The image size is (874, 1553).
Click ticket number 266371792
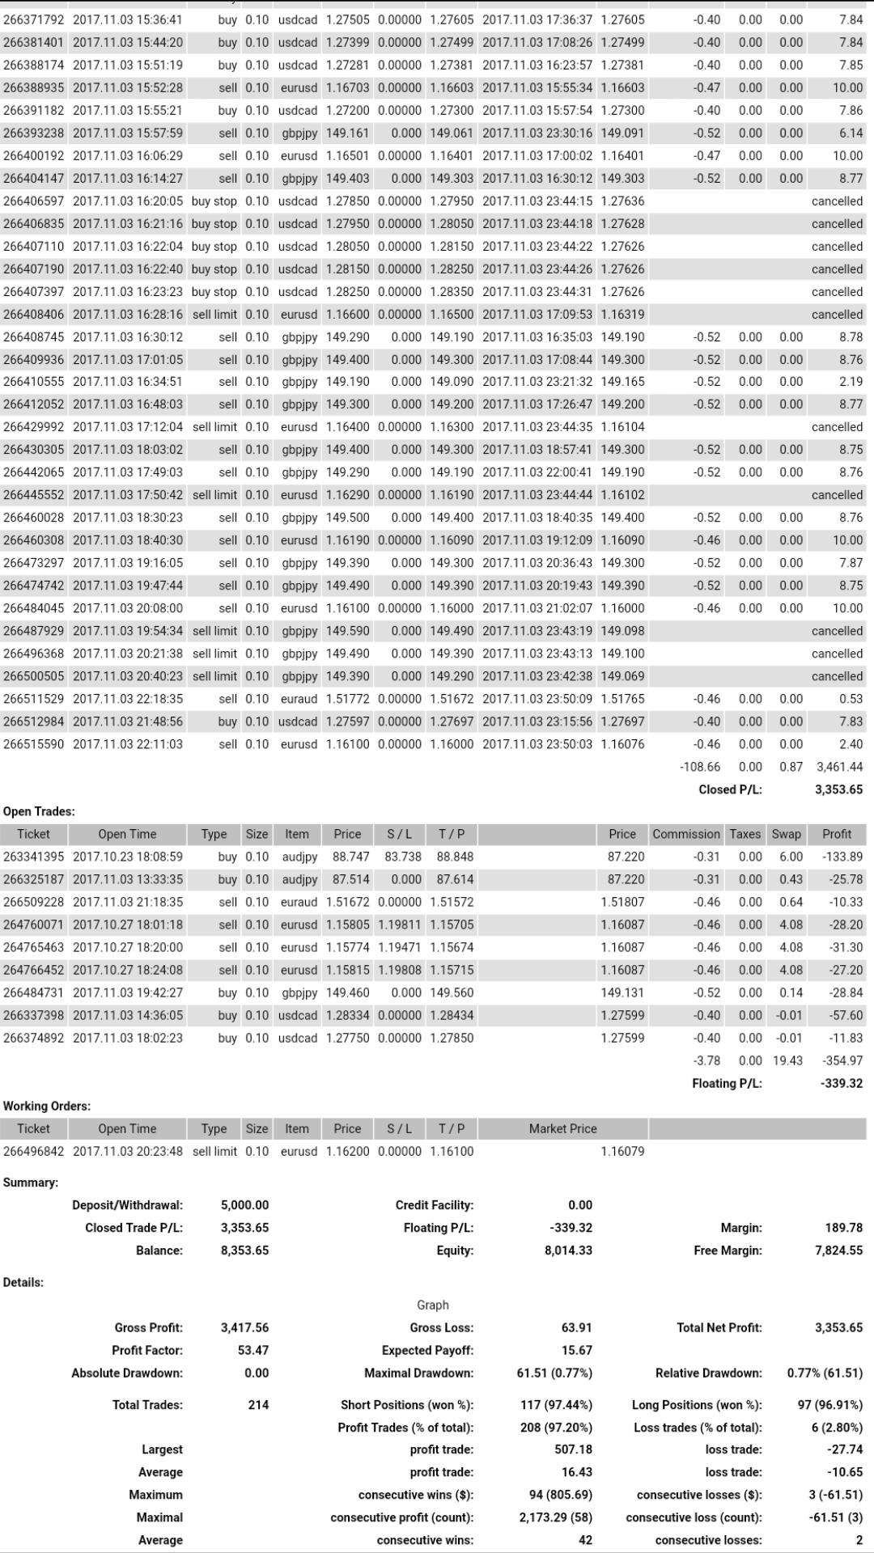(33, 19)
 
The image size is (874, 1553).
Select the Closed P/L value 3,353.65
(838, 789)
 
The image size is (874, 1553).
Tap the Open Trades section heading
(39, 811)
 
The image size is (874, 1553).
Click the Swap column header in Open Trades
(786, 834)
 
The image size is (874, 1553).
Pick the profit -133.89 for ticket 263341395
(842, 857)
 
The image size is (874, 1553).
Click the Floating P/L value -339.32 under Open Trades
(842, 1083)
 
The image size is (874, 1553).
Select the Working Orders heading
(47, 1106)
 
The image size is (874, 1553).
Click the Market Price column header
(562, 1128)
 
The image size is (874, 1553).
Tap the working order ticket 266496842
(33, 1151)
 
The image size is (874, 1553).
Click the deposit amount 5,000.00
(244, 1205)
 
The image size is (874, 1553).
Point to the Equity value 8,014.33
(568, 1250)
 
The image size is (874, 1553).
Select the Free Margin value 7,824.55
(838, 1250)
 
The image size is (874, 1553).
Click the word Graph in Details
(433, 1305)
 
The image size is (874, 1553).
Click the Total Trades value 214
(258, 1405)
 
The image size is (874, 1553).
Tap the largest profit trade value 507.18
(573, 1449)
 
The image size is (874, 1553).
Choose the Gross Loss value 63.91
(576, 1327)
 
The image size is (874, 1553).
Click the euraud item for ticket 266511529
(299, 699)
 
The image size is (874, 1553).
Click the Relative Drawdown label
(708, 1373)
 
